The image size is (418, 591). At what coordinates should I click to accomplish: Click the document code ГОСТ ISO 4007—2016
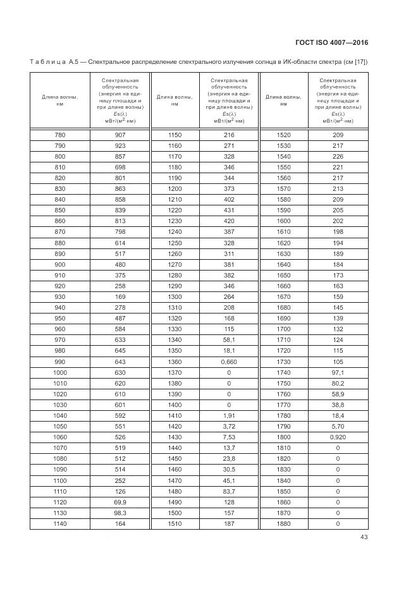pos(331,42)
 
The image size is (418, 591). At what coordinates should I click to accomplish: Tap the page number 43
pos(364,537)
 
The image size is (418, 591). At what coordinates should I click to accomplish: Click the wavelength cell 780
pos(59,135)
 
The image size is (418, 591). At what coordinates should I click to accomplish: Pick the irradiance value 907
pos(120,135)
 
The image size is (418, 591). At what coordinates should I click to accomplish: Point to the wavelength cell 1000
pos(59,372)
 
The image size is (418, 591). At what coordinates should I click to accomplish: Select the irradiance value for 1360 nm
pos(228,362)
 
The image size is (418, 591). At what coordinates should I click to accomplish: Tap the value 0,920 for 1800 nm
pos(338,437)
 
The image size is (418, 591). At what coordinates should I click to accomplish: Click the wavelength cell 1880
pos(283,523)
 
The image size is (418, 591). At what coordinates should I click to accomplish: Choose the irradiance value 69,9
pos(120,501)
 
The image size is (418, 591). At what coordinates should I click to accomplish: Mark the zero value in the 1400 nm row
pos(228,405)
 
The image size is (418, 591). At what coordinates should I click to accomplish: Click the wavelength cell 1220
pos(175,210)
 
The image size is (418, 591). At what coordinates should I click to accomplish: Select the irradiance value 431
pos(228,210)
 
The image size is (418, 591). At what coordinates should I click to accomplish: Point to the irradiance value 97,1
pos(338,372)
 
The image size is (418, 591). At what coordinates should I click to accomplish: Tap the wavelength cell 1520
pos(283,135)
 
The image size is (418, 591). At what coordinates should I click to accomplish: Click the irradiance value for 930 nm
pos(120,296)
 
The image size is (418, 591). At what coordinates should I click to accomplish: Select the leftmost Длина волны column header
pos(59,101)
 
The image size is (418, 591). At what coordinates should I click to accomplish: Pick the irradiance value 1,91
pos(228,415)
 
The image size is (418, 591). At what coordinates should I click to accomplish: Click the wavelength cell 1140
pos(59,523)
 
